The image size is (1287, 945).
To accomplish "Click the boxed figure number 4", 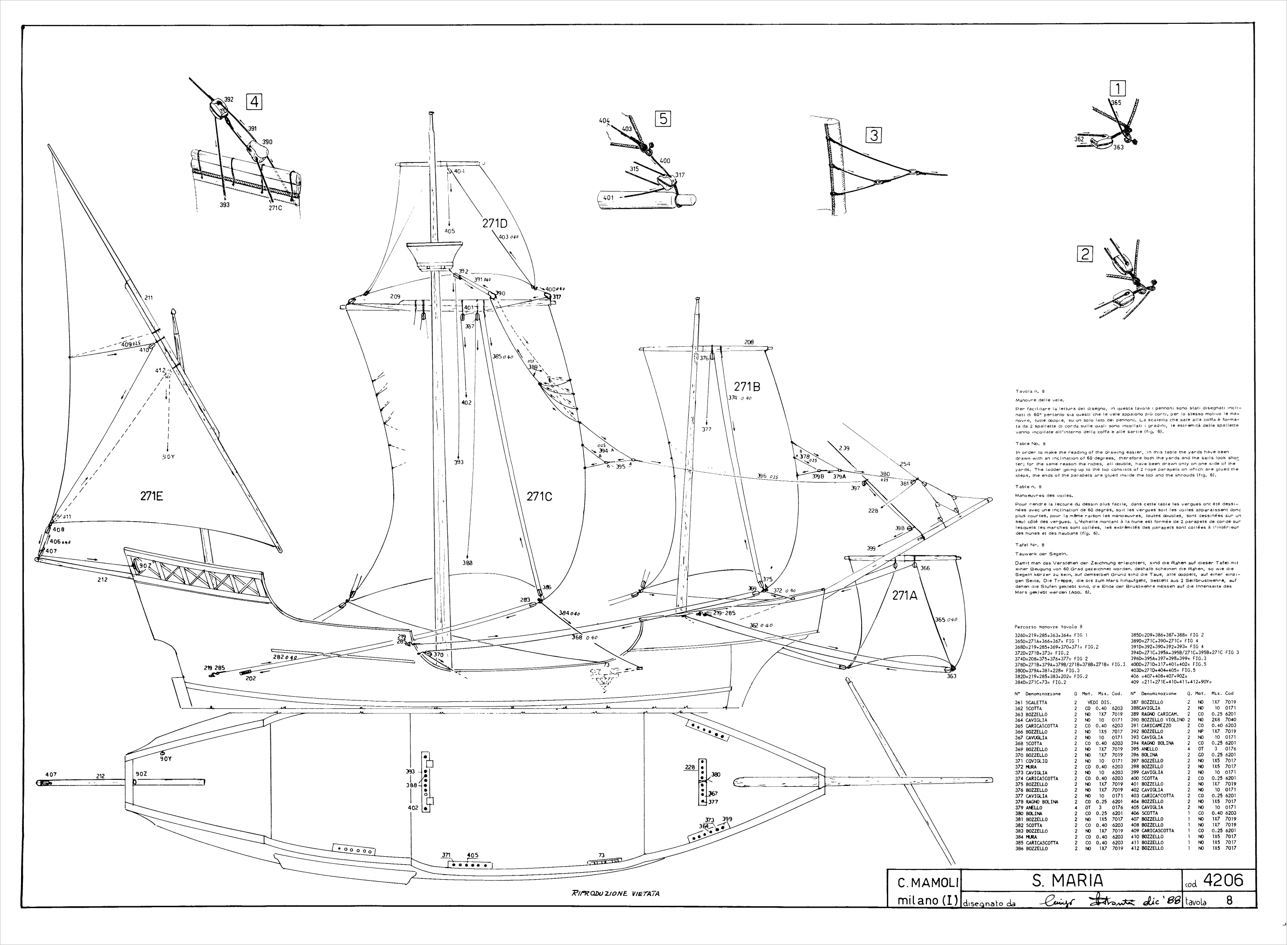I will (254, 102).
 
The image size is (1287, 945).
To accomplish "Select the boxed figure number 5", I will (663, 119).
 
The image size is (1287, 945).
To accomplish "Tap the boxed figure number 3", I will (873, 136).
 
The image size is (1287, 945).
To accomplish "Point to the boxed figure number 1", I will (1117, 88).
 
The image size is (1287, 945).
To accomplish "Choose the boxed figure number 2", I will (1084, 253).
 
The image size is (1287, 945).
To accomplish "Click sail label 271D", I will (495, 223).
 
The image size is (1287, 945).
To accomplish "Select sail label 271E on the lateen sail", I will (152, 496).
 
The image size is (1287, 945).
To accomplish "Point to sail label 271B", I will (747, 387).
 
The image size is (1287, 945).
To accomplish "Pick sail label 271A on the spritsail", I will (905, 595).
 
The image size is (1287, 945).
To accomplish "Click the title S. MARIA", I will (1068, 880).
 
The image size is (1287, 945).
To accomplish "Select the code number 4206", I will (1224, 880).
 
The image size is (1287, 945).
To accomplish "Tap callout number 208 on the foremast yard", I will (749, 342).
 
